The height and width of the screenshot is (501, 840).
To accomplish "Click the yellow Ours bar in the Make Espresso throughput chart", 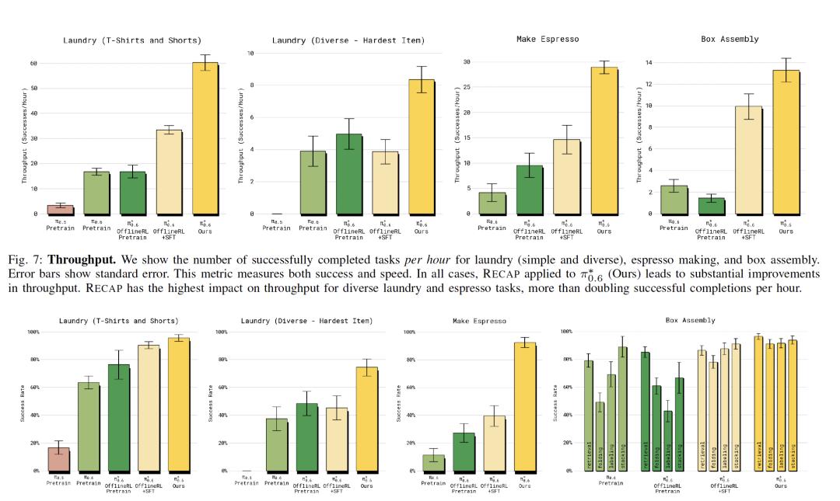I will (604, 141).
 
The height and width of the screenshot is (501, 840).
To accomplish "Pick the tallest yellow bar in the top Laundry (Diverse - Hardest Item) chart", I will (421, 147).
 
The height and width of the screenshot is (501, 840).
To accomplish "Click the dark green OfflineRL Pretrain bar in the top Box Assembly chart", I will (711, 206).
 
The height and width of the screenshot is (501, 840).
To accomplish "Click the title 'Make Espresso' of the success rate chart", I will (479, 320).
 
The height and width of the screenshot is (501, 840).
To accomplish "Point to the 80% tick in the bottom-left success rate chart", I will (34, 360).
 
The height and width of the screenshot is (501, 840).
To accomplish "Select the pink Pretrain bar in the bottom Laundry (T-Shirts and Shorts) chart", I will (58, 459).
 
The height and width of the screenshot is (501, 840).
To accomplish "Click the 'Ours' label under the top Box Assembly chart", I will (786, 231).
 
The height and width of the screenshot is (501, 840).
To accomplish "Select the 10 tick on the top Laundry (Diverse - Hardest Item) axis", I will (250, 54).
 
